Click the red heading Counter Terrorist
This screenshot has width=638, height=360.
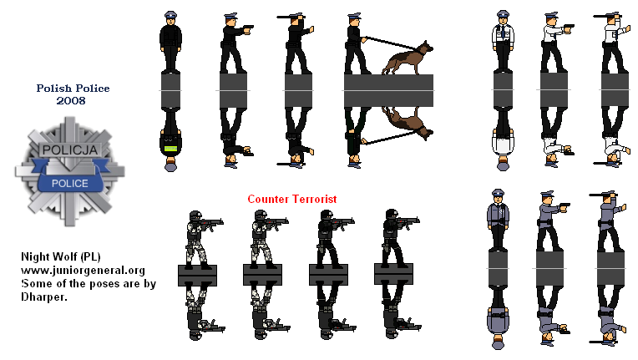click(292, 199)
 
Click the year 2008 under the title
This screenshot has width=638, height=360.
click(71, 101)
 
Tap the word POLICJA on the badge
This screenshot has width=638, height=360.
click(70, 150)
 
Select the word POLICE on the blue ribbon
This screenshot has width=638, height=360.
click(69, 184)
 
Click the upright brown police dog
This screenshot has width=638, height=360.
click(408, 58)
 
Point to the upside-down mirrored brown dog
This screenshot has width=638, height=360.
click(408, 124)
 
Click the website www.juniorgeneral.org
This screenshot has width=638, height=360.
click(83, 270)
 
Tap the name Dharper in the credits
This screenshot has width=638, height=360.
click(44, 297)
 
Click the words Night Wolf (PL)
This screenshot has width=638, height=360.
click(61, 256)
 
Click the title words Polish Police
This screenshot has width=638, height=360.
click(73, 89)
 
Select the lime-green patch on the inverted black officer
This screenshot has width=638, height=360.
click(170, 149)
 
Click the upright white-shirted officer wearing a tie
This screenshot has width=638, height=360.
click(503, 41)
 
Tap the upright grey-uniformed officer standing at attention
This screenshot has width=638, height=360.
click(498, 220)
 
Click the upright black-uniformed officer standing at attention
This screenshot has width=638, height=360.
click(170, 42)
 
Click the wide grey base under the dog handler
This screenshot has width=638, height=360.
click(388, 90)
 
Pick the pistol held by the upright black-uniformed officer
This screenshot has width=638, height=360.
click(248, 29)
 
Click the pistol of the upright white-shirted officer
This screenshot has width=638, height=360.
click(569, 28)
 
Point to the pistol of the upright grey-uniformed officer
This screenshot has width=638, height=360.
click(565, 206)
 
